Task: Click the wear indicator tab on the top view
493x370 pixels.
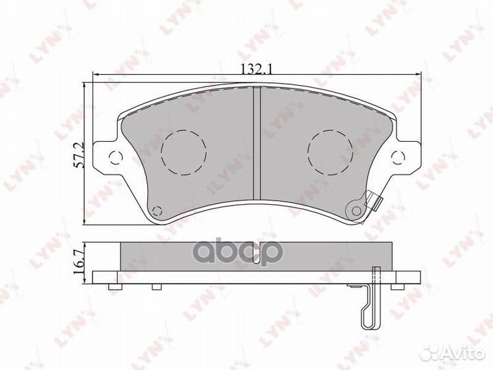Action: coord(373,201)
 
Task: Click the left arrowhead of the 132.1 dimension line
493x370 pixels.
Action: coord(97,75)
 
